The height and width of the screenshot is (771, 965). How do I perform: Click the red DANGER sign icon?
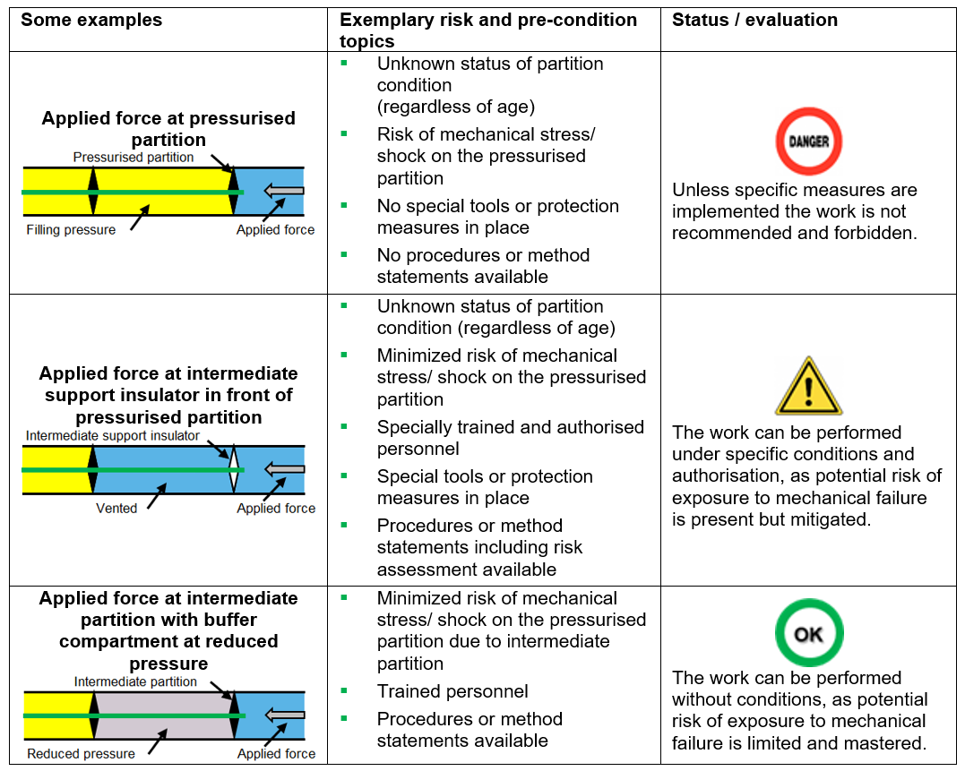pos(808,141)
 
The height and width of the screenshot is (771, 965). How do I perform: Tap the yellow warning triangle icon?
pos(808,386)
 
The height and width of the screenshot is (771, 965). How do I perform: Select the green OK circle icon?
pos(808,633)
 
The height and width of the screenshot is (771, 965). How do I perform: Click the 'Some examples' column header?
pos(91,20)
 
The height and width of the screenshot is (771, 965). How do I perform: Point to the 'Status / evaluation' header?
pos(754,20)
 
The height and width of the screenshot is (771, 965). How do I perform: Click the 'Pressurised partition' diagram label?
pos(134,158)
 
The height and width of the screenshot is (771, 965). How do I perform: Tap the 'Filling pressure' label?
pos(71,230)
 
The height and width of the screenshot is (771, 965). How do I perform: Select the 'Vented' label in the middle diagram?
pos(116,509)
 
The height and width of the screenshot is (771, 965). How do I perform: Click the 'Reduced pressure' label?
pos(81,754)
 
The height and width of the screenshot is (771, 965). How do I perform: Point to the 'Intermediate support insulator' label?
pos(112,436)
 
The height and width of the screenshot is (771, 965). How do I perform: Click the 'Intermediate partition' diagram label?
pos(135,682)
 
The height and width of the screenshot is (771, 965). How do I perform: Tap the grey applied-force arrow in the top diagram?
pos(287,191)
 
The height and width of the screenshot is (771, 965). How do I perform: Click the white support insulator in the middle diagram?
pos(234,469)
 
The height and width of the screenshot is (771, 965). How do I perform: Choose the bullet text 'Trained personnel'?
pos(452,691)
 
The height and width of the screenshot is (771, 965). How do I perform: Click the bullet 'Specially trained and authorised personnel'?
pos(510,438)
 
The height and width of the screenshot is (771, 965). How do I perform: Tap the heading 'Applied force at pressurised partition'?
pos(168,129)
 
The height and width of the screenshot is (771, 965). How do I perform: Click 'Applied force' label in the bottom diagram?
pos(276,754)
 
